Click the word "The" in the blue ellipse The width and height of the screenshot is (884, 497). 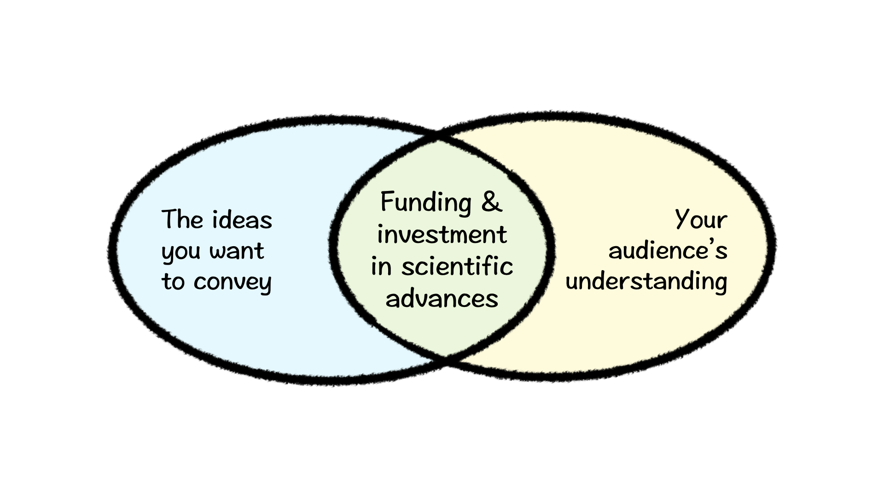[x=182, y=220]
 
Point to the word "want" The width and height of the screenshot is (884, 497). [x=237, y=251]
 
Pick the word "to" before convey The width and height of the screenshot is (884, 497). [x=173, y=281]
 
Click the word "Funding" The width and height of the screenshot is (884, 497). [x=426, y=202]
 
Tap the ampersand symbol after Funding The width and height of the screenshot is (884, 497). [x=492, y=202]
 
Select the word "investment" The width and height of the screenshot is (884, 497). [x=442, y=234]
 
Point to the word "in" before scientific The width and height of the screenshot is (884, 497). [x=381, y=267]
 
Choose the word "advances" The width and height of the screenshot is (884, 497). [x=442, y=299]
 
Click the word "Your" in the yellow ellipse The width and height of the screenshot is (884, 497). [x=701, y=220]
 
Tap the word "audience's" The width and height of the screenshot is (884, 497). [x=668, y=251]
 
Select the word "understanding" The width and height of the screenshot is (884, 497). [x=646, y=282]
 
